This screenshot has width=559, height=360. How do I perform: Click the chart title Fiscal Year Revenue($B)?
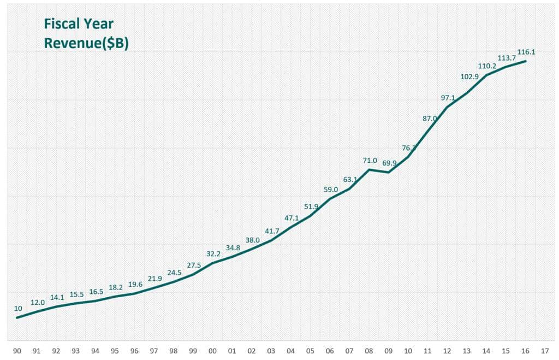point(86,33)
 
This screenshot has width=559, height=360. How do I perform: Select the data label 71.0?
point(370,161)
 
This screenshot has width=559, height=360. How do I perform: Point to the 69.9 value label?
point(389,163)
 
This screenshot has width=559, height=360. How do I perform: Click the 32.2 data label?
point(213,254)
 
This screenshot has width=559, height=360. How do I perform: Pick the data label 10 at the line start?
point(18,309)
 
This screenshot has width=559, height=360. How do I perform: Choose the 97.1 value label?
point(448,98)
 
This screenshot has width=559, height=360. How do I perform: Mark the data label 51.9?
point(311,206)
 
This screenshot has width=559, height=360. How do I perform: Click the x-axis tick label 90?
point(17,351)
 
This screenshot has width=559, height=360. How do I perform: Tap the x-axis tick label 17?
point(545,351)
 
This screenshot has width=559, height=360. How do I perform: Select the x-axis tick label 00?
point(212,351)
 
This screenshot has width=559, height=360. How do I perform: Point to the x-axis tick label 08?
point(369,351)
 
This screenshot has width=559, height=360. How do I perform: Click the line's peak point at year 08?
point(370,169)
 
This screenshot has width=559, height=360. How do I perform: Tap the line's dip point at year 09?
point(389,172)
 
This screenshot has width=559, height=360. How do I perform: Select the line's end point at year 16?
point(526,61)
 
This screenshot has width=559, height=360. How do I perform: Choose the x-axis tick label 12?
point(447,351)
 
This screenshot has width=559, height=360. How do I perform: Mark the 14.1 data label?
point(57,298)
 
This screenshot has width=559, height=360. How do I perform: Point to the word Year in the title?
point(98,24)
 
